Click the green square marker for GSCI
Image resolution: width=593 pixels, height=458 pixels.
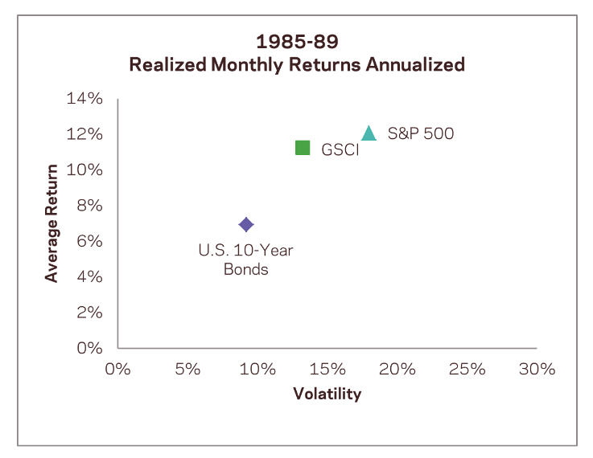pos(303,148)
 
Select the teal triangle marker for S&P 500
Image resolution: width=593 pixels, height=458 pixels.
pos(369,133)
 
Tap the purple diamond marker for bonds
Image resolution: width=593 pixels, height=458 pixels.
pos(246,225)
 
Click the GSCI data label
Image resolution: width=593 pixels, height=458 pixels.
pos(340,150)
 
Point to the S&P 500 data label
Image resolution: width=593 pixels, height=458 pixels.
pos(421,133)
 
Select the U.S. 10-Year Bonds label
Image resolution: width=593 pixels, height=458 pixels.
pos(246,260)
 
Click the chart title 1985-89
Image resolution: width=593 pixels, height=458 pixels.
pos(297,42)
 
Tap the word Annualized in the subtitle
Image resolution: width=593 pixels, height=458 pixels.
pos(415,64)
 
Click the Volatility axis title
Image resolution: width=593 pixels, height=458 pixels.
pos(327,394)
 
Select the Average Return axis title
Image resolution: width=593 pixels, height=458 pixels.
pos(51,223)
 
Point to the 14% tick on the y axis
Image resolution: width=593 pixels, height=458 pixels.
pos(84,99)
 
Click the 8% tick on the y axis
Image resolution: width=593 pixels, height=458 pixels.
pos(89,206)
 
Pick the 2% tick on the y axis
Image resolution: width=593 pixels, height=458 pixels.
pos(89,313)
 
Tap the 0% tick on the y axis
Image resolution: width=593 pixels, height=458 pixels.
pos(89,348)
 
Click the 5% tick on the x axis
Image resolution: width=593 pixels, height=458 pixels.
pos(187,369)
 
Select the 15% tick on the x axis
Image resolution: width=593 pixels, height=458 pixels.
pos(327,369)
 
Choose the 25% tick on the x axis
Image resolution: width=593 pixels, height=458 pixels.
pos(467,369)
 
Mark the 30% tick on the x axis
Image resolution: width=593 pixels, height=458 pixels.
pos(537,369)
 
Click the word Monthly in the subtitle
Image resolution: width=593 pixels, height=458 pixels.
pos(247,64)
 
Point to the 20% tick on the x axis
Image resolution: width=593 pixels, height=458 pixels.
pos(397,369)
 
